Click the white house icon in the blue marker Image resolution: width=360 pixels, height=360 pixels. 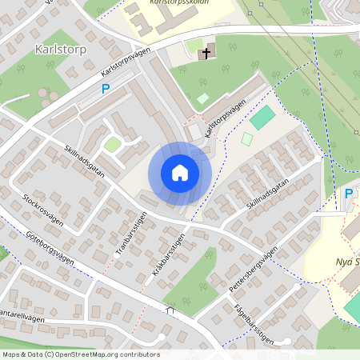pos(180,173)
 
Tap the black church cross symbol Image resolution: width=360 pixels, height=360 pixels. pos(206,54)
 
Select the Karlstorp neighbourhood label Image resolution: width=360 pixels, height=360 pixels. pos(59,49)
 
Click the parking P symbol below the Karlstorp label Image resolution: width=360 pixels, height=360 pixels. pos(105,90)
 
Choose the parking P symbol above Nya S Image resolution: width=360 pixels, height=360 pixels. pos(348,194)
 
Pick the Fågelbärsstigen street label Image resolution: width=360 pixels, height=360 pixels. pos(254,322)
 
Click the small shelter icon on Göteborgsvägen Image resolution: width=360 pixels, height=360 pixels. pos(170,309)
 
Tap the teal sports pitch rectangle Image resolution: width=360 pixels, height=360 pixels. pos(262,118)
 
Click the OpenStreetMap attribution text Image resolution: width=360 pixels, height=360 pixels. pos(80,354)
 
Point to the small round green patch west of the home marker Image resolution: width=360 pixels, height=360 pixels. pos(113,144)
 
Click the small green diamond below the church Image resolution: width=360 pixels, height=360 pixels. pos(203,98)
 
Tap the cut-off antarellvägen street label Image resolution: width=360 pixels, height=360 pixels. pos(22,318)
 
